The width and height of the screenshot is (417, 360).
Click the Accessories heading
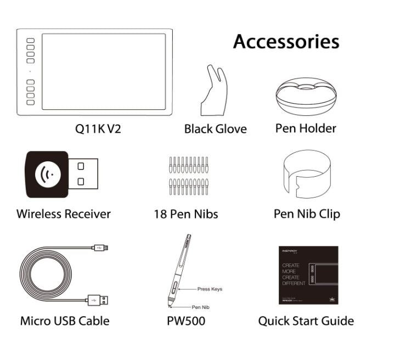click(286, 42)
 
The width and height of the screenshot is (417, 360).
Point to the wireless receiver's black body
click(47, 175)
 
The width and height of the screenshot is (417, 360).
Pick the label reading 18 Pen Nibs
click(185, 214)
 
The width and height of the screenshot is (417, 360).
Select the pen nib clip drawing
click(306, 175)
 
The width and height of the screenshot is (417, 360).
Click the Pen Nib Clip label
click(306, 213)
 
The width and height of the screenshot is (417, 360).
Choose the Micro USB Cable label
click(65, 321)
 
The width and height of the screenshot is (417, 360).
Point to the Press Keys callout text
click(210, 289)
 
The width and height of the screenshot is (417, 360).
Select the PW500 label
click(185, 321)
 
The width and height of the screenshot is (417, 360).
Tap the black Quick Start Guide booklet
click(308, 275)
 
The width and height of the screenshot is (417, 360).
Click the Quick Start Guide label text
click(306, 321)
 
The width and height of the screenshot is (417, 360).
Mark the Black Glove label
click(215, 129)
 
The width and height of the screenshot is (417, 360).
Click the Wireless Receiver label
click(63, 214)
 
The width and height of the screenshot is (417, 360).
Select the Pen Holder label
click(306, 128)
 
